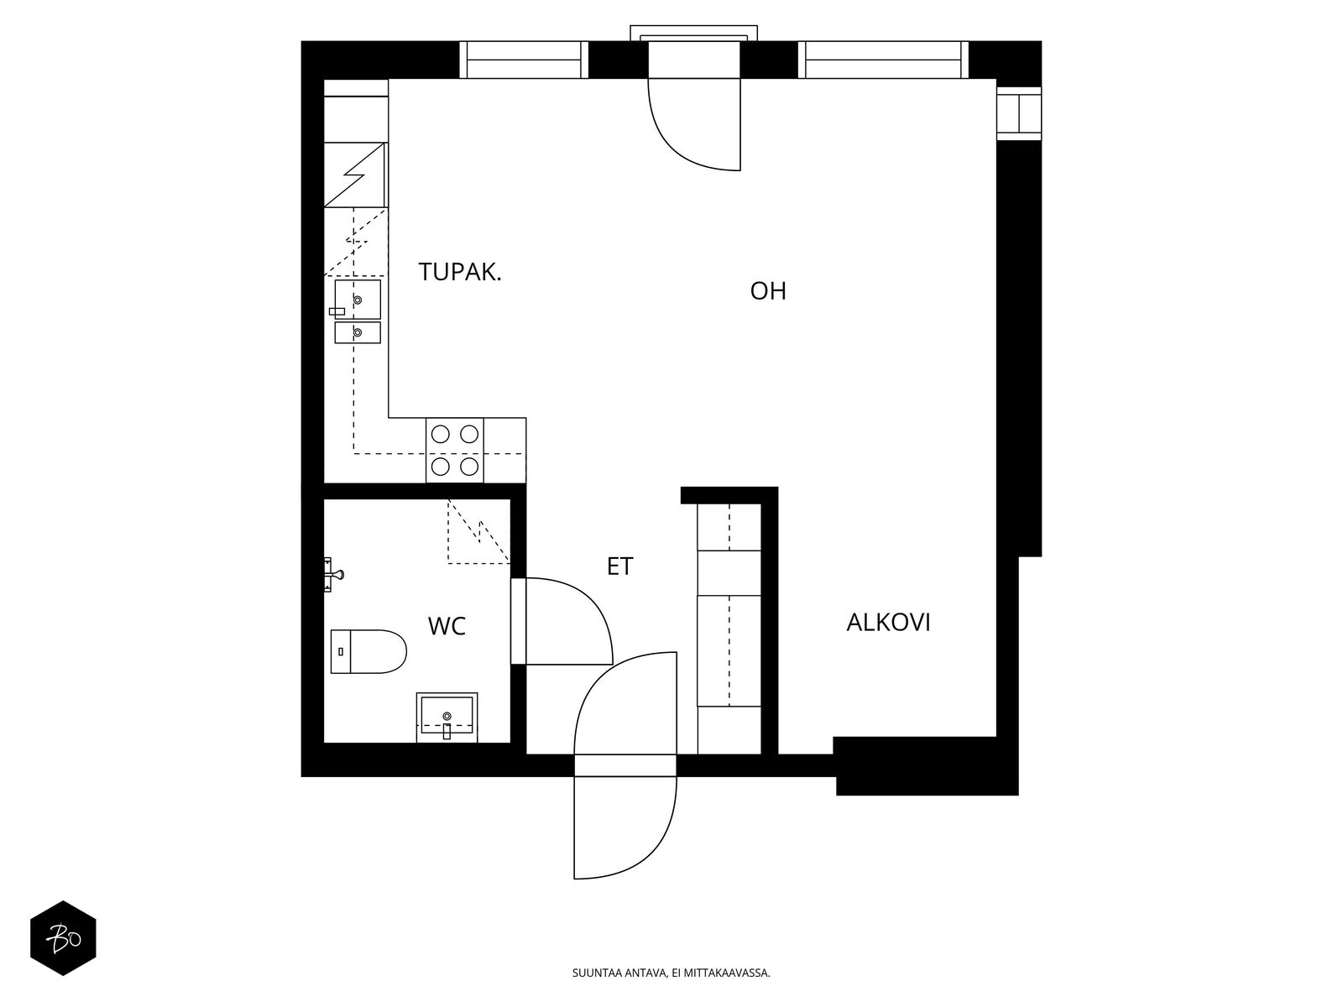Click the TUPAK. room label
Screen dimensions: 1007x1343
460,272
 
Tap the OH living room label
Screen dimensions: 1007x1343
768,291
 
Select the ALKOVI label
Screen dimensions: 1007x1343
888,623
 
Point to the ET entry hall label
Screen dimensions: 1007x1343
619,566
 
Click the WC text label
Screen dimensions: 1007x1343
447,626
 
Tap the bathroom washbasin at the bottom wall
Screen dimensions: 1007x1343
447,716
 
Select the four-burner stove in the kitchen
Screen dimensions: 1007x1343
454,450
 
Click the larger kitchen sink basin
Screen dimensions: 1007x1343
358,299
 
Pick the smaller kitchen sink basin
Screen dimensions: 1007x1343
358,333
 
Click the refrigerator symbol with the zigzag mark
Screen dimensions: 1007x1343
355,175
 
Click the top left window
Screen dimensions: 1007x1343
525,60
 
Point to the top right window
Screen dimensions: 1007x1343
883,60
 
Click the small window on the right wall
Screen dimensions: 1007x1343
1018,113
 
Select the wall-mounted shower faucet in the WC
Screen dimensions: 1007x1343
333,575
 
